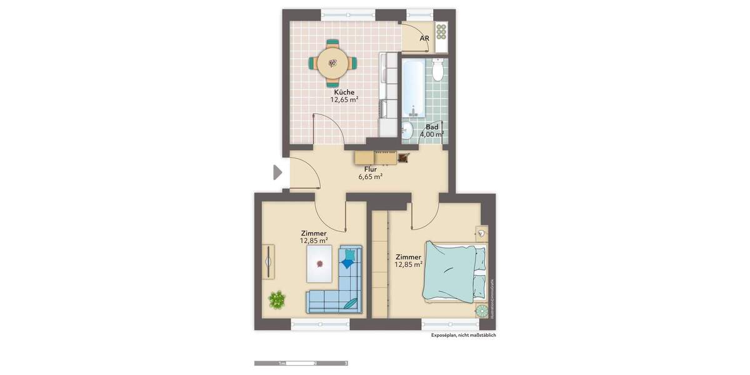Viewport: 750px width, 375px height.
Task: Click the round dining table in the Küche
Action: [x=333, y=62]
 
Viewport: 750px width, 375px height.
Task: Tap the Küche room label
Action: [x=344, y=92]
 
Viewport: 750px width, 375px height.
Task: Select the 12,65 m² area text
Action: [x=344, y=99]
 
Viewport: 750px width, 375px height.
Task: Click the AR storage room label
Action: [x=424, y=38]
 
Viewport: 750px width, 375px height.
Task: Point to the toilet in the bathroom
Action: [x=437, y=71]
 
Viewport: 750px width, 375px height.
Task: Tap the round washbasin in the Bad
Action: [x=407, y=130]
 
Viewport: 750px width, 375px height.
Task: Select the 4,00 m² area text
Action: [x=432, y=134]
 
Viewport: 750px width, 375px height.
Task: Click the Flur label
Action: [x=370, y=169]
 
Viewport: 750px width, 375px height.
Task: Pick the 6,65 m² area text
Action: [x=370, y=177]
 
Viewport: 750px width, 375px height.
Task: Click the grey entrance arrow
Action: [x=277, y=172]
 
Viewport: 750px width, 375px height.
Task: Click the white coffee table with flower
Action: [x=320, y=263]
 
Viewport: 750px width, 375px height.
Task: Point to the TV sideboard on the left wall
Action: [x=268, y=261]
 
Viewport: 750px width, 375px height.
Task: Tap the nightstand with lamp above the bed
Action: [x=481, y=233]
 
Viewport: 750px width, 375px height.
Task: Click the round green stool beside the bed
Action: [x=481, y=311]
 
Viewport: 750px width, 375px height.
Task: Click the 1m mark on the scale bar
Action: [x=282, y=363]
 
